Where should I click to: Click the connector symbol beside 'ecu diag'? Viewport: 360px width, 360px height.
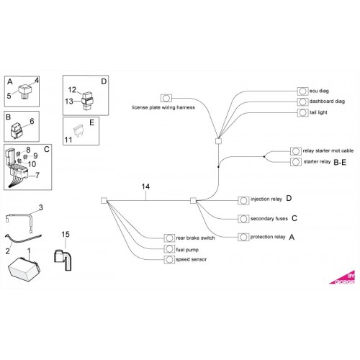tap(302, 91)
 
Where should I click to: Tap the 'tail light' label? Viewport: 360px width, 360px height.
tap(318, 112)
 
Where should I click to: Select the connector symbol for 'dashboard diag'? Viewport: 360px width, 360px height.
tap(302, 102)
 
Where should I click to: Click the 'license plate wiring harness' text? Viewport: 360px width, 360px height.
tap(163, 107)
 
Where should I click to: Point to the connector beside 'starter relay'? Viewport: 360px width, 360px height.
tap(296, 162)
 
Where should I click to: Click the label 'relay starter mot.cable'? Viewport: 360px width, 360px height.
tap(328, 150)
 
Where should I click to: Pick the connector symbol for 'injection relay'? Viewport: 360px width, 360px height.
tap(243, 200)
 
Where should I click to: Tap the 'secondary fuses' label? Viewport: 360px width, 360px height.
tap(269, 219)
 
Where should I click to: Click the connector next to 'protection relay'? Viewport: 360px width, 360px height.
tap(243, 237)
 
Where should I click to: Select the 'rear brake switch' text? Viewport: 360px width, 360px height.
tap(195, 238)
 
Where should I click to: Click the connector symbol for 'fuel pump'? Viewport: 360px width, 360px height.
tap(169, 249)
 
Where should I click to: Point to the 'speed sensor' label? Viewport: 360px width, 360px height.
tap(191, 259)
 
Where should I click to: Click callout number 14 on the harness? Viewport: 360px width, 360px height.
tap(145, 186)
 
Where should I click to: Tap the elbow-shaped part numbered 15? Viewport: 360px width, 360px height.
tap(63, 260)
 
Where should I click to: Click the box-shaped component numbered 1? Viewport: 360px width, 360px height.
tap(24, 269)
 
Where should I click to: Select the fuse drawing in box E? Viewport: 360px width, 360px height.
tap(78, 130)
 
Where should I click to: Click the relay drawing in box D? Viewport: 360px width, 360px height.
tap(87, 101)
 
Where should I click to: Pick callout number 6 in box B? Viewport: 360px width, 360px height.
tap(32, 121)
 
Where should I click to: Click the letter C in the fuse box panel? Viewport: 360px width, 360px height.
tap(47, 149)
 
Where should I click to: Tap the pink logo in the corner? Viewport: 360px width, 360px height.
tap(343, 279)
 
